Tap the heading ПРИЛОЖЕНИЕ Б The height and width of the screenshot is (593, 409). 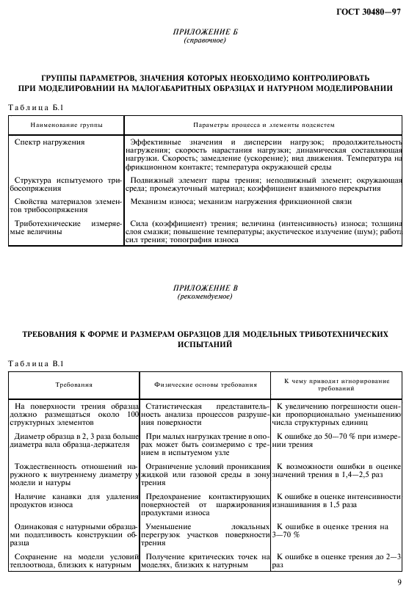click(x=205, y=33)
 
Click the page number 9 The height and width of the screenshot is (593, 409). click(x=398, y=584)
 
